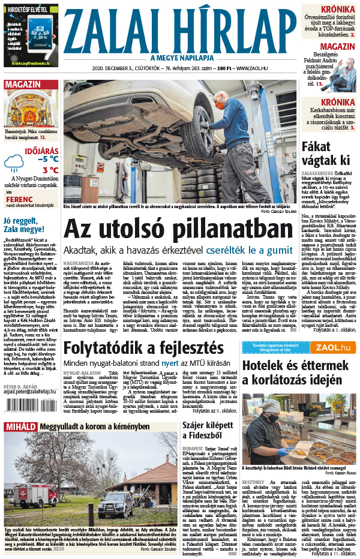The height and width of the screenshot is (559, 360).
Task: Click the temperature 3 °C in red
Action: click(x=50, y=170)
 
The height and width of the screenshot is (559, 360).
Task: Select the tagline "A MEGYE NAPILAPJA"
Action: click(x=180, y=58)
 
